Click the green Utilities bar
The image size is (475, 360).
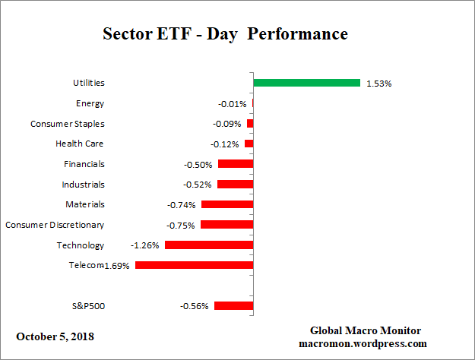pyautogui.click(x=306, y=83)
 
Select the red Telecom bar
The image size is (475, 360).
pyautogui.click(x=194, y=265)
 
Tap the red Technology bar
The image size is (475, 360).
pyautogui.click(x=209, y=245)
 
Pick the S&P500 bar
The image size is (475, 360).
pyautogui.click(x=233, y=306)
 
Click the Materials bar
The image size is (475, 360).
pyautogui.click(x=227, y=204)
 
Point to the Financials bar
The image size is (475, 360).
pyautogui.click(x=236, y=164)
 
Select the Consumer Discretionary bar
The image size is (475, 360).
pyautogui.click(x=226, y=225)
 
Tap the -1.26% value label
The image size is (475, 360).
pyautogui.click(x=144, y=245)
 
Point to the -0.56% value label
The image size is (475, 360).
pyautogui.click(x=194, y=306)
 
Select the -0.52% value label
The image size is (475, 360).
pyautogui.click(x=198, y=185)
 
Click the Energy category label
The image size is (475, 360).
pyautogui.click(x=90, y=103)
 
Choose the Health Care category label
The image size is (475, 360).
pyautogui.click(x=80, y=144)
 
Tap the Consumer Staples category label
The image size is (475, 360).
pyautogui.click(x=68, y=124)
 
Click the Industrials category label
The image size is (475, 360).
pyautogui.click(x=83, y=184)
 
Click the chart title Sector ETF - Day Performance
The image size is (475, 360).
pyautogui.click(x=225, y=34)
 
